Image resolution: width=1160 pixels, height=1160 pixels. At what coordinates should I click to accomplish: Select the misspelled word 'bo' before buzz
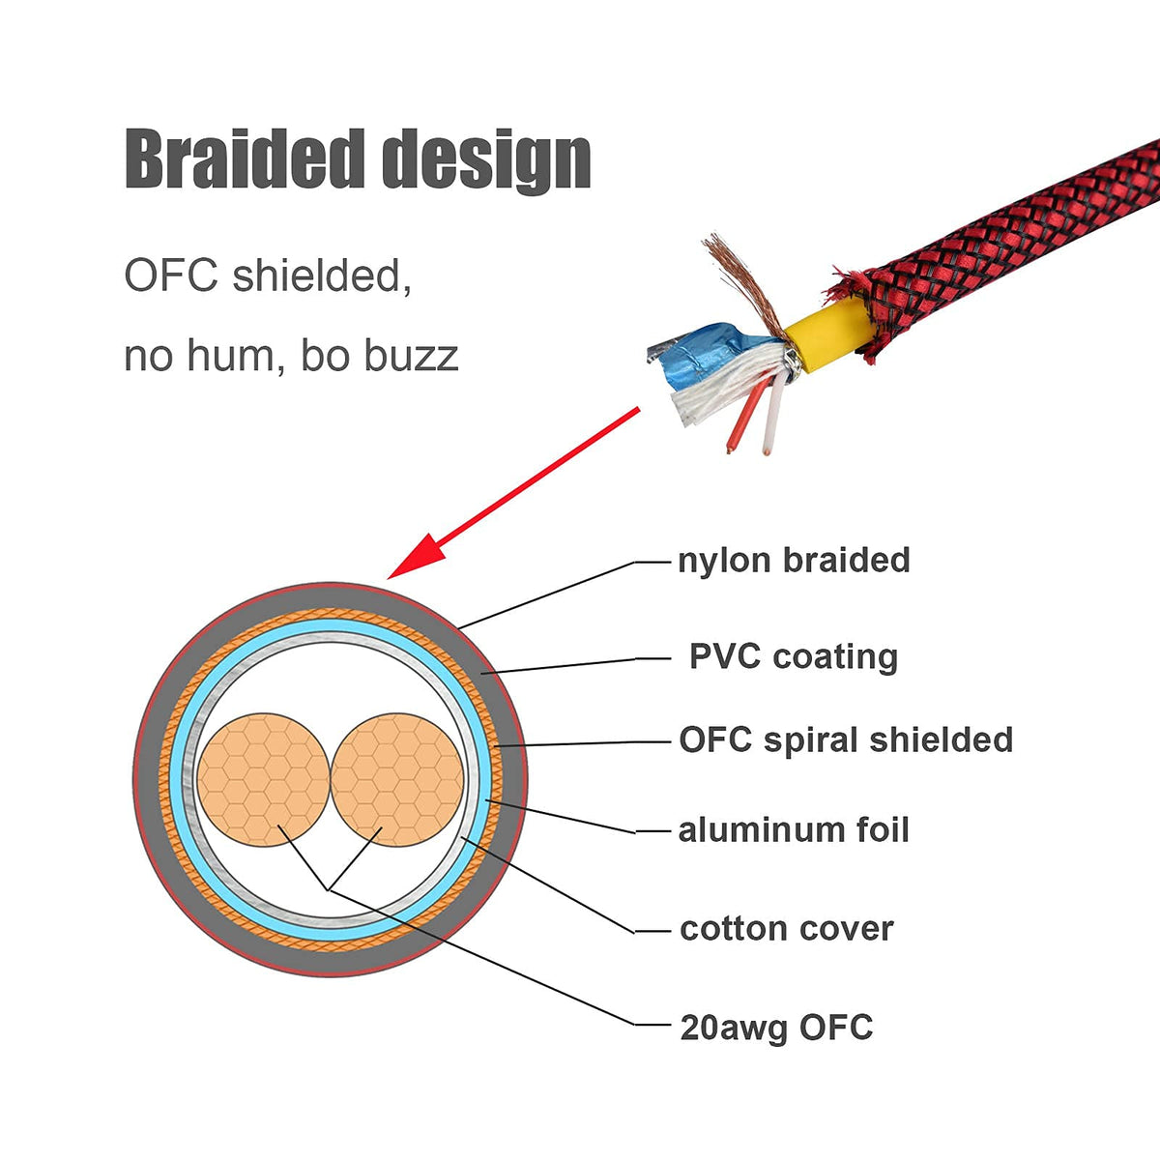pyautogui.click(x=324, y=356)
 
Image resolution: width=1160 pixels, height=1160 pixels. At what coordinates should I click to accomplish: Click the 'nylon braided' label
pyautogui.click(x=794, y=560)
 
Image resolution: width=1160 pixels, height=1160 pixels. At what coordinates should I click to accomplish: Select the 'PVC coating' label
pyautogui.click(x=794, y=656)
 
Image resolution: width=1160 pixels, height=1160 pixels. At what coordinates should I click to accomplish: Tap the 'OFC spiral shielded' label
pyautogui.click(x=846, y=739)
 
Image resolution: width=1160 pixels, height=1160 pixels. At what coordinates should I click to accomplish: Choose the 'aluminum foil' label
pyautogui.click(x=794, y=829)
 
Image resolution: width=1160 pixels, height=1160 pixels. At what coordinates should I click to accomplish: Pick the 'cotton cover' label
pyautogui.click(x=787, y=928)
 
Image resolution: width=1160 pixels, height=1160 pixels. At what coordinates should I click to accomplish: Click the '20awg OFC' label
pyautogui.click(x=776, y=1027)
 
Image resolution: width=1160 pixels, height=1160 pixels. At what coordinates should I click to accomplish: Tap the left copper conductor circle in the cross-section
pyautogui.click(x=263, y=779)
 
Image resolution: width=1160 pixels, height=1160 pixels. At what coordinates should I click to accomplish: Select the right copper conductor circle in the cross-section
pyautogui.click(x=396, y=779)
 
